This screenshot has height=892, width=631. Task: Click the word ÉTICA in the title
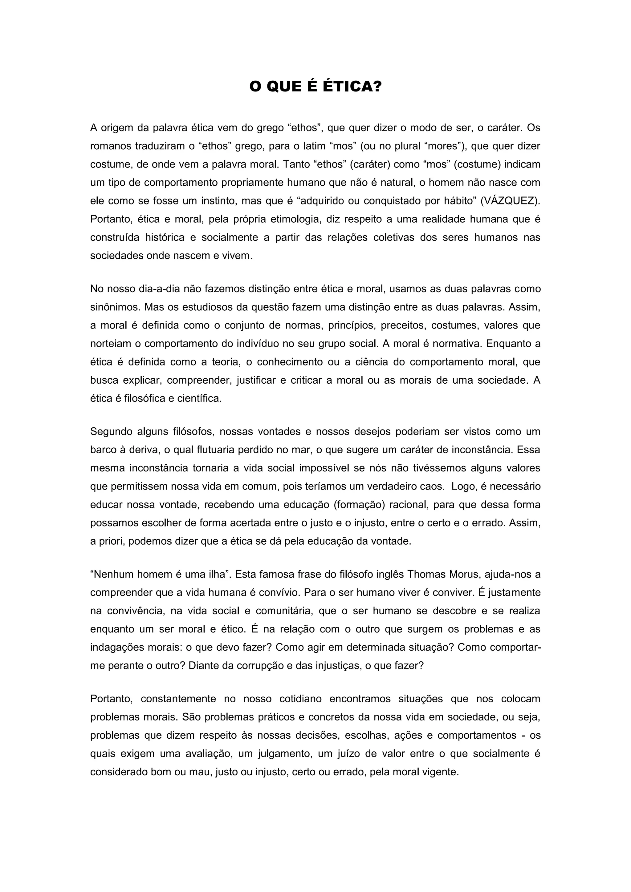click(x=352, y=87)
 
